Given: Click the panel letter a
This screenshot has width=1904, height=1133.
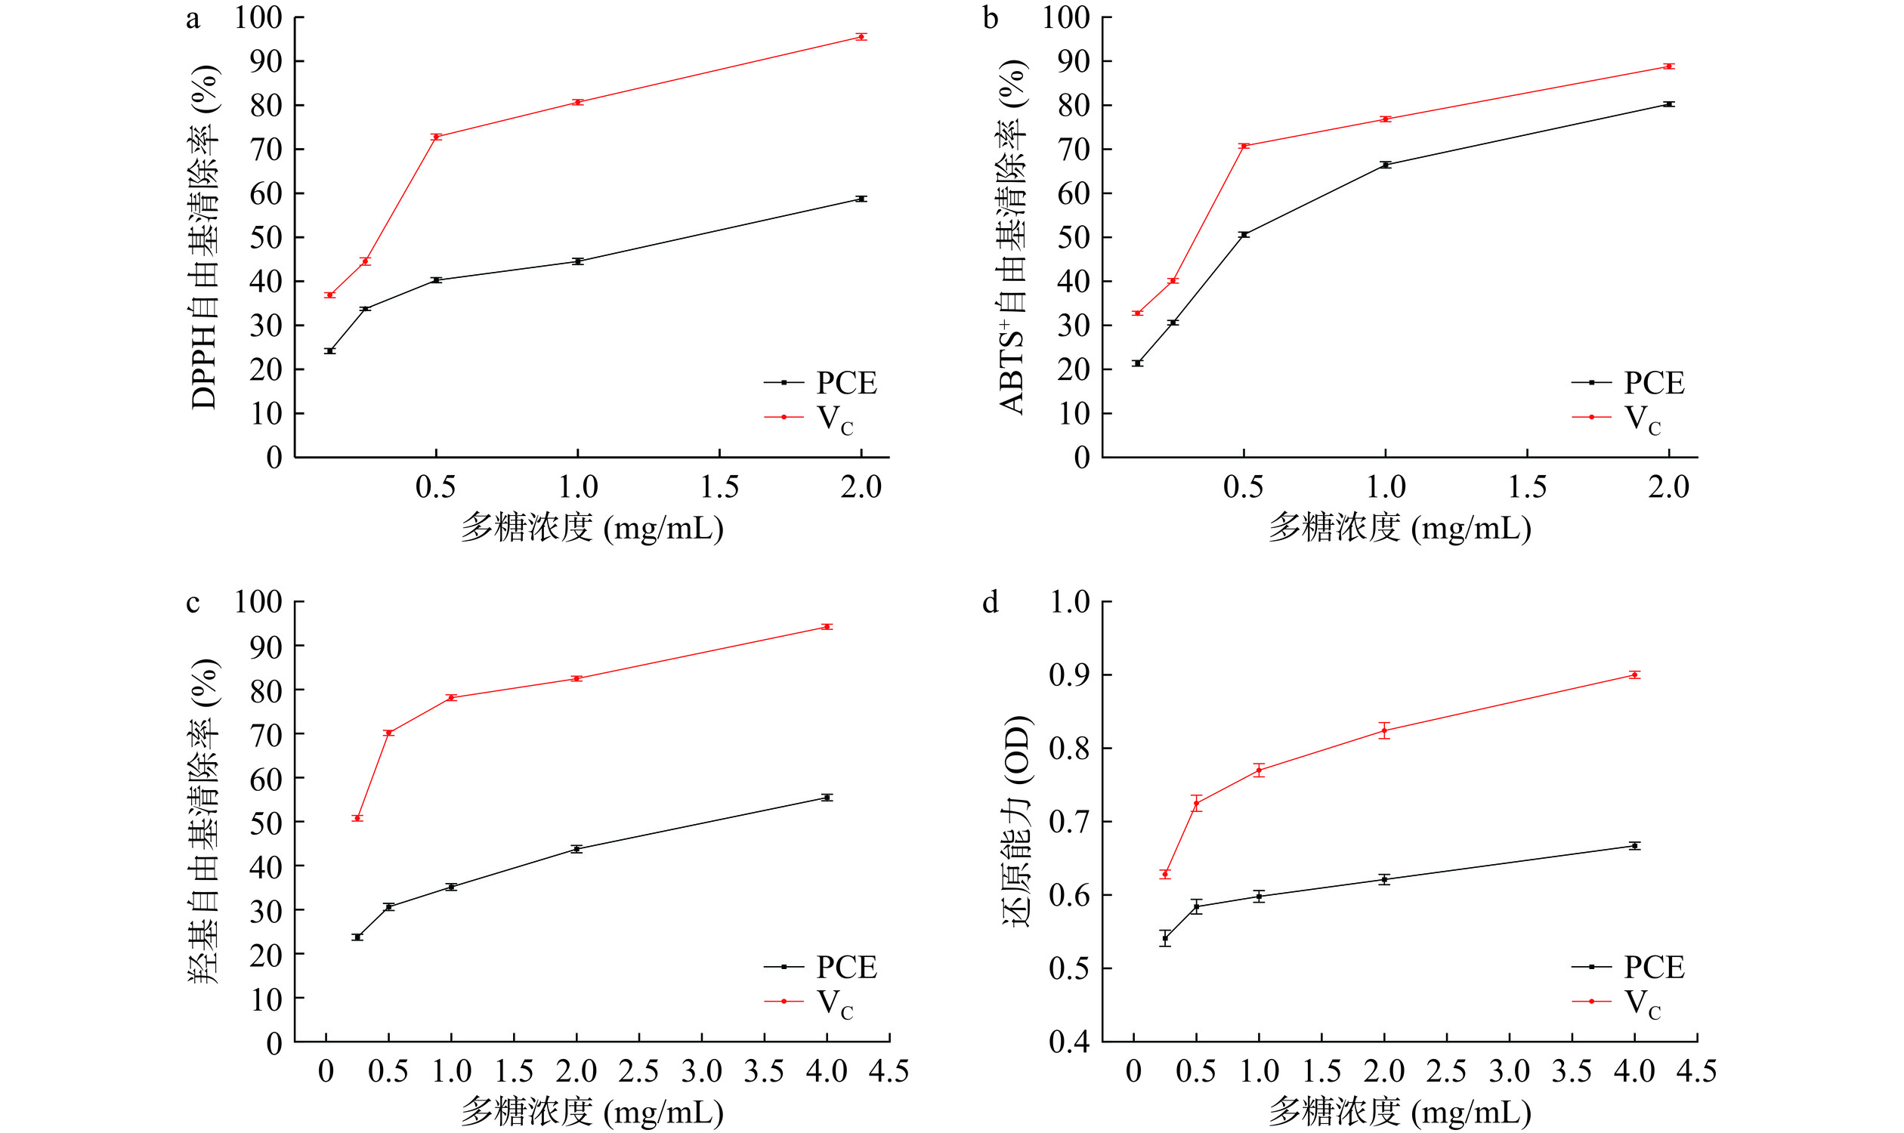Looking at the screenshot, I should point(193,18).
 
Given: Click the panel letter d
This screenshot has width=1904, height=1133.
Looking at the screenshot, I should point(990,604).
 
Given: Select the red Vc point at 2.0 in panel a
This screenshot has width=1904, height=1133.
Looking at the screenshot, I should point(861,37).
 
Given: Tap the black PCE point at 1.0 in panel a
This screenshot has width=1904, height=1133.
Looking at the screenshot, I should point(577,261).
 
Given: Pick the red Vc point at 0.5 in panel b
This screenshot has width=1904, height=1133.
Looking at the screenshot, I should point(1244,146).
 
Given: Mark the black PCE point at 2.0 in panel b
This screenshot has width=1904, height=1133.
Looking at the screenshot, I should point(1669,103).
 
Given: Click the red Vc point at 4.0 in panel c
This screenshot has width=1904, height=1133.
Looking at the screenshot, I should point(827,627).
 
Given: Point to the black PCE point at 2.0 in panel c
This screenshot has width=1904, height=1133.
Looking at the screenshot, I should point(576,849).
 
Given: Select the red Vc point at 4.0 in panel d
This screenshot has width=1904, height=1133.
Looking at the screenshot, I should point(1634,675).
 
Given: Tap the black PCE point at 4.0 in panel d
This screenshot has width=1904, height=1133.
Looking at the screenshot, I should point(1634,846).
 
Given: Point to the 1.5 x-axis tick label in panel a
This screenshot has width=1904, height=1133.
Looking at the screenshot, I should point(719,487).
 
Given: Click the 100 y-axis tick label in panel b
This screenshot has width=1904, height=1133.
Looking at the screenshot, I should point(1066,17).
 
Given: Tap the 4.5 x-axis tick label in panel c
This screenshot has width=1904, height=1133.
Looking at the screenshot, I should point(889,1072).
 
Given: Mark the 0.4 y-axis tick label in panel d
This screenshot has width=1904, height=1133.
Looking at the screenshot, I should point(1069,1042).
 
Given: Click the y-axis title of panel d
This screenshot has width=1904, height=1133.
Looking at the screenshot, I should point(1015,822).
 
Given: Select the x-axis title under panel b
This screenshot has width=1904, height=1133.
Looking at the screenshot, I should point(1400,528).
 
